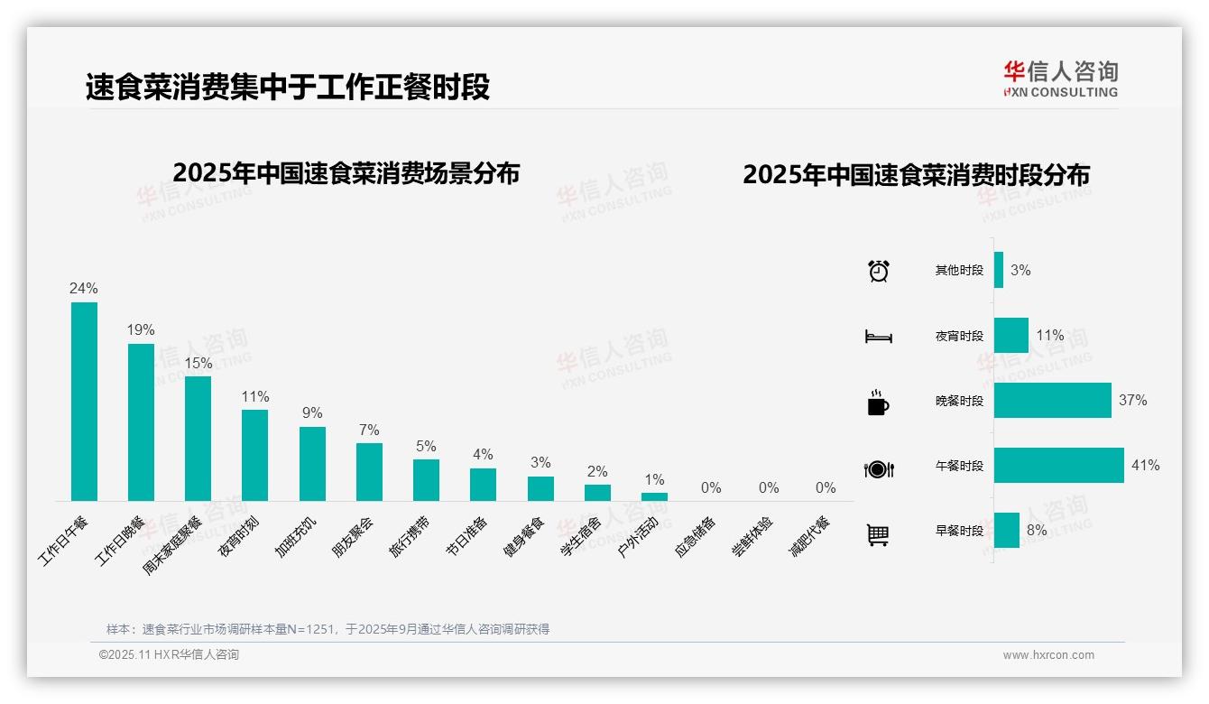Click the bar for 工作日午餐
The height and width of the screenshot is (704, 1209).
coord(84,402)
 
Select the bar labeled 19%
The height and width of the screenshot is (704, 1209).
coord(141,421)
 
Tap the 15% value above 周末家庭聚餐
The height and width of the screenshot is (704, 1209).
coord(198,363)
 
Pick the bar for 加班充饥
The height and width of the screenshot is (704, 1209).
coord(312,463)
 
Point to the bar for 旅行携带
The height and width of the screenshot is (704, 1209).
coord(426,480)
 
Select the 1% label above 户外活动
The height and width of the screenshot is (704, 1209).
coord(654,479)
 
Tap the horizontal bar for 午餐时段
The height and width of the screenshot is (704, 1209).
coord(1058,466)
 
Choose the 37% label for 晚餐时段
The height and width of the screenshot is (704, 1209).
coord(1132,400)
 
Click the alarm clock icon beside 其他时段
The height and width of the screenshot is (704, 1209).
coord(878,271)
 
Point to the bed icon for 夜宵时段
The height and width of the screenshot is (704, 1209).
coord(878,337)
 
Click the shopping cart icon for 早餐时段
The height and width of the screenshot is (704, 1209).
coord(878,534)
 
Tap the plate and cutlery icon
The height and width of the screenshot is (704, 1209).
coord(878,468)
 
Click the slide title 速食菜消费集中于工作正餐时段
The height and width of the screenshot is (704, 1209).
coord(288,88)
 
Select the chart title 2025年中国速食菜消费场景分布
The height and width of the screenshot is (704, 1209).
coord(346,173)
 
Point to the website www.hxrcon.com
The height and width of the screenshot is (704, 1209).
coord(1047,655)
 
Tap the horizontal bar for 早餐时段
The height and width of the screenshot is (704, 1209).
coord(1007,531)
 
